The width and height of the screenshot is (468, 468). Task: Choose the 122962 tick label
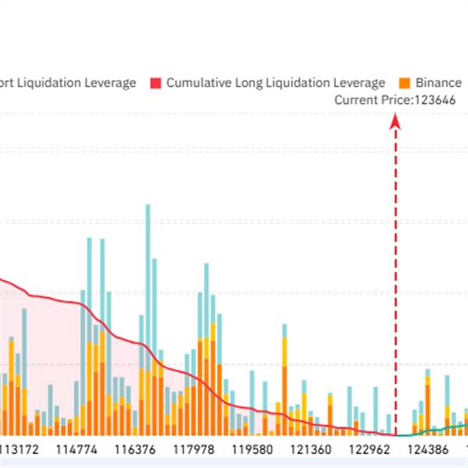(x=369, y=449)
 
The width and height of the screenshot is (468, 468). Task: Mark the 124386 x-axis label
(x=427, y=449)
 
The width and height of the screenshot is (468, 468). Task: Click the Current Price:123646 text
(x=395, y=99)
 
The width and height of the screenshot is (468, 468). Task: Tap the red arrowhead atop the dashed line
(x=395, y=120)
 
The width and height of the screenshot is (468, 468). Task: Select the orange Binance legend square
(x=404, y=83)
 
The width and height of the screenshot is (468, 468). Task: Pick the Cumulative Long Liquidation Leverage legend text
(x=276, y=83)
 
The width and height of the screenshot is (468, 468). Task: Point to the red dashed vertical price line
(x=395, y=273)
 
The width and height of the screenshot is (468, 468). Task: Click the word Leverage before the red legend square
(x=111, y=83)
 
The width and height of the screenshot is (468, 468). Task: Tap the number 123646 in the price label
(x=434, y=99)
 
